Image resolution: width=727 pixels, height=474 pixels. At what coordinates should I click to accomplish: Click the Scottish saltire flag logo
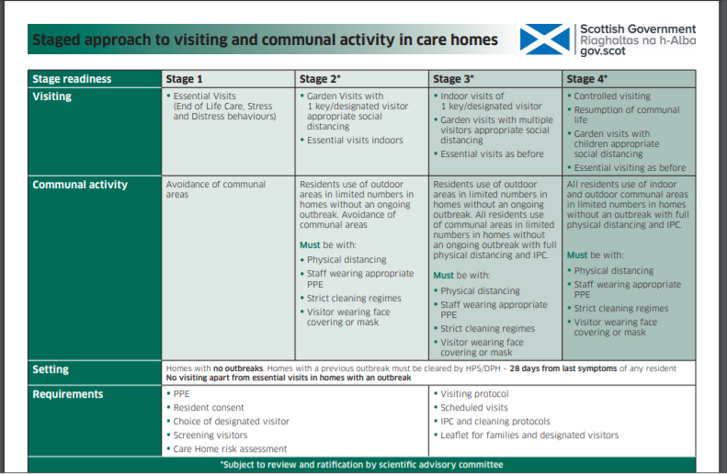(x=545, y=39)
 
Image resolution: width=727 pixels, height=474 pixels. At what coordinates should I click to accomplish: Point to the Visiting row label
(x=53, y=96)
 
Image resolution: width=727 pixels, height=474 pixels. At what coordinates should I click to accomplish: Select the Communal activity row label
(x=80, y=185)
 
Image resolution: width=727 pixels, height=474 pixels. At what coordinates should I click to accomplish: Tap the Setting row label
(x=51, y=369)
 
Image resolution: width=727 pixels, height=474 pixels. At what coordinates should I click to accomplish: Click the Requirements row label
(x=68, y=394)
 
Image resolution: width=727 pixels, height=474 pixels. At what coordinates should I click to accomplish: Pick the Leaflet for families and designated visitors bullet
(x=529, y=435)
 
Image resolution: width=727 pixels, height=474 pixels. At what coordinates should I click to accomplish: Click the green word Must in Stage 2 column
(x=310, y=245)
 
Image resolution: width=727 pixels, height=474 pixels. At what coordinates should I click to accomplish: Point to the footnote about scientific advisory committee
(x=361, y=465)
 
